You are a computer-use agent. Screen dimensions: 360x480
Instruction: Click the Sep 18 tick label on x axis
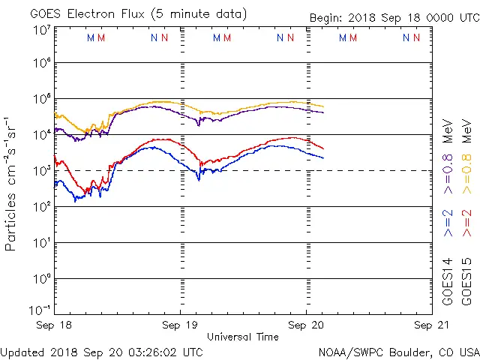(55, 325)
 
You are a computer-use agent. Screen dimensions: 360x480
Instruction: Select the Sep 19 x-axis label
(181, 325)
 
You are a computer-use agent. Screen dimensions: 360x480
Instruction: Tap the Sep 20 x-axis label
(307, 325)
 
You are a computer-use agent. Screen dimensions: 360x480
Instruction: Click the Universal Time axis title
(243, 337)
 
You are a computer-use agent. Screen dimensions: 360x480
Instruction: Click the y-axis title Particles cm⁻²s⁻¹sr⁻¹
(12, 184)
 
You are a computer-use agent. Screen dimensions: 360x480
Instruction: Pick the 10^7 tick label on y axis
(41, 30)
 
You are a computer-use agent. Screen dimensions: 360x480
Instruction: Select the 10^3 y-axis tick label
(41, 171)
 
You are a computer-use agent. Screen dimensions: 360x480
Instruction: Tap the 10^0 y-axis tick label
(41, 279)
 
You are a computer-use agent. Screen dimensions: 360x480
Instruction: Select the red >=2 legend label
(466, 223)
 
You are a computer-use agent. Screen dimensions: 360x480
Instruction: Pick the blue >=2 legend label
(448, 223)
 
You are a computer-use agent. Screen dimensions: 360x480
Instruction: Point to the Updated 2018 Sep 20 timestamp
(101, 351)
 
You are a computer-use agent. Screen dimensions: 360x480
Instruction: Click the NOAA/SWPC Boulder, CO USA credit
(398, 351)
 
